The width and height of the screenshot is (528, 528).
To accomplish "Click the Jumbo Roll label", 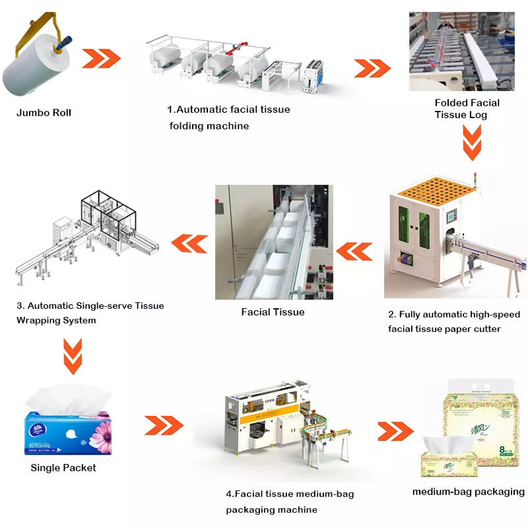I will tap(44, 113).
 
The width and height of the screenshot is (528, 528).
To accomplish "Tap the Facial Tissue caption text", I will tap(273, 312).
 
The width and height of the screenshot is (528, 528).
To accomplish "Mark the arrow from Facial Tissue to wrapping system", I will tap(191, 245).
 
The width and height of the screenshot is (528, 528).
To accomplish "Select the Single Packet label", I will tap(63, 468).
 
